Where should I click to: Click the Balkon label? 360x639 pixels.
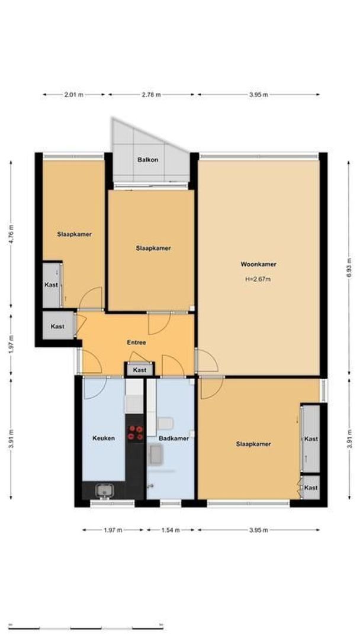(x=147, y=160)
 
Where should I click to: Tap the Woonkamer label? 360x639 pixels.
(x=258, y=264)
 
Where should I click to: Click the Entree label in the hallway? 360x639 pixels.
(x=136, y=342)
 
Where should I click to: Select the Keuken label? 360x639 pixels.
(x=103, y=438)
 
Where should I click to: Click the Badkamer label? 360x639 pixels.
(x=173, y=438)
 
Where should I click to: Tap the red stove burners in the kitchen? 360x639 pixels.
(x=135, y=433)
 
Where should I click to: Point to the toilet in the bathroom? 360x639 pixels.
(x=166, y=424)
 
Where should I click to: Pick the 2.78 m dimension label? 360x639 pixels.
(x=150, y=95)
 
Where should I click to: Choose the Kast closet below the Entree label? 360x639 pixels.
(x=140, y=370)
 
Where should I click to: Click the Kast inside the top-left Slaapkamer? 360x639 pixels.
(x=52, y=285)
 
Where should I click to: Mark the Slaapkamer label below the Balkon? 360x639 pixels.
(x=153, y=248)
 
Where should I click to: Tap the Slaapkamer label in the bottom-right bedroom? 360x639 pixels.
(x=253, y=444)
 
